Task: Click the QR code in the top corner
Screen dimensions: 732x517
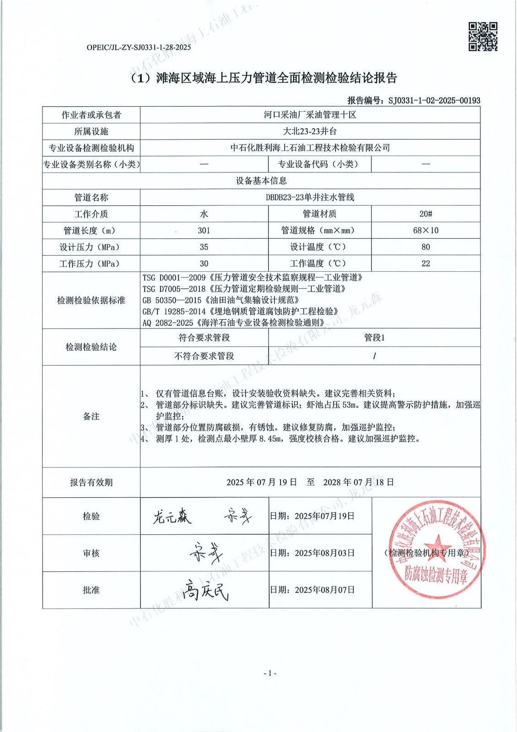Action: pyautogui.click(x=483, y=37)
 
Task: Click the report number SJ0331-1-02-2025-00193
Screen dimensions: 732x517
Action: pyautogui.click(x=434, y=101)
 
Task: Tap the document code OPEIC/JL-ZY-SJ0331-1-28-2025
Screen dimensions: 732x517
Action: pyautogui.click(x=138, y=47)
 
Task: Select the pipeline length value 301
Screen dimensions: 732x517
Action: pyautogui.click(x=204, y=231)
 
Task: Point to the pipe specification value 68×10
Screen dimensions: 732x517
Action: pyautogui.click(x=425, y=231)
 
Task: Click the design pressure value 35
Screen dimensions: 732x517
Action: pyautogui.click(x=204, y=247)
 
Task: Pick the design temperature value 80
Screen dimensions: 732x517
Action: pyautogui.click(x=425, y=247)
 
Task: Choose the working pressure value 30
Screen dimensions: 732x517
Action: pyautogui.click(x=204, y=264)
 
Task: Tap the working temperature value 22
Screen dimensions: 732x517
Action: pyautogui.click(x=425, y=264)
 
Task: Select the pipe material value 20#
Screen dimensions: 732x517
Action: pyautogui.click(x=425, y=214)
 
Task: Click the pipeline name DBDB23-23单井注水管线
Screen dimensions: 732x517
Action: pyautogui.click(x=310, y=198)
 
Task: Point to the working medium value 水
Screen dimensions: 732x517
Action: pyautogui.click(x=204, y=214)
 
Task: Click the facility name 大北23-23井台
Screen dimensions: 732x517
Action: pyautogui.click(x=310, y=131)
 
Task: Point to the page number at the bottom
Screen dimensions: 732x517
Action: pyautogui.click(x=270, y=673)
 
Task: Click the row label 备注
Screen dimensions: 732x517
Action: pyautogui.click(x=91, y=416)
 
